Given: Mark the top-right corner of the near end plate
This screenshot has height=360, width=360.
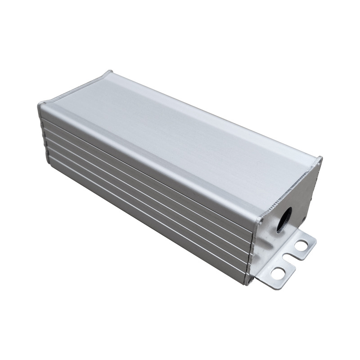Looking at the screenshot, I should point(320,158).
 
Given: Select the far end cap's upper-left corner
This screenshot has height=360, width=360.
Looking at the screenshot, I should point(40,104).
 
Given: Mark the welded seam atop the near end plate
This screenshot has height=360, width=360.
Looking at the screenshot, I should point(290,189).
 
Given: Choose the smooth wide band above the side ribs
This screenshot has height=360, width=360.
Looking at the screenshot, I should point(148,153).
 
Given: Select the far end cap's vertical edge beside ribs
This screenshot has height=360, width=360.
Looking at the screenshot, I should point(43,130).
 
